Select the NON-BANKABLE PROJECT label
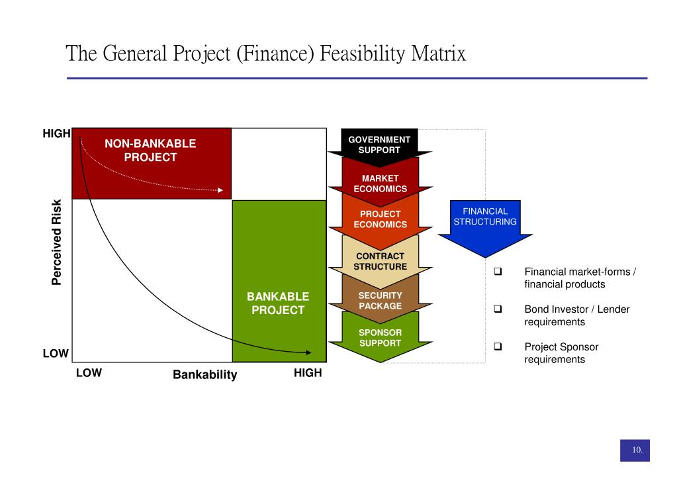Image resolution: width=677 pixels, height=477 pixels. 150,150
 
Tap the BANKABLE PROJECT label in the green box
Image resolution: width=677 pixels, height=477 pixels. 278,303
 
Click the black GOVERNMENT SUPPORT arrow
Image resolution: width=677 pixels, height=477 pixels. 380,144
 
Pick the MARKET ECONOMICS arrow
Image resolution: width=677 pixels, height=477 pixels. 380,184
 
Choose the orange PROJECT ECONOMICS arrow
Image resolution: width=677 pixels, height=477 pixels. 380,219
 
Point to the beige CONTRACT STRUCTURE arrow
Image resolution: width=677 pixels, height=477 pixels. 380,261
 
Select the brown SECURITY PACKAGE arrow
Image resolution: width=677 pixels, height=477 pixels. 380,301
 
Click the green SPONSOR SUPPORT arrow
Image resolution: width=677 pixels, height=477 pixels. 380,338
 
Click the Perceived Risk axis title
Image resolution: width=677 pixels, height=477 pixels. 57,242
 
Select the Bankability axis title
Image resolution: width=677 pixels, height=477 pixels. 204,375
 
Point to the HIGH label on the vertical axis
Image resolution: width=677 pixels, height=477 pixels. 56,134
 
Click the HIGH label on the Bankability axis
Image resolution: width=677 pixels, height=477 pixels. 307,373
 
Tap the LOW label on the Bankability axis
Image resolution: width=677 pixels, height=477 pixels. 89,373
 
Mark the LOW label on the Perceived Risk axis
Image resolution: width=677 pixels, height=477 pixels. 56,353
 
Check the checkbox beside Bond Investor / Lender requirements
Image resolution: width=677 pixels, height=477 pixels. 498,309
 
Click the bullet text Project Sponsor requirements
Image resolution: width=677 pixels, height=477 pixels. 561,353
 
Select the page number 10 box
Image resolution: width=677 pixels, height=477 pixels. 635,450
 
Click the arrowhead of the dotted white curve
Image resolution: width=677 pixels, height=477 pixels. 220,191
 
